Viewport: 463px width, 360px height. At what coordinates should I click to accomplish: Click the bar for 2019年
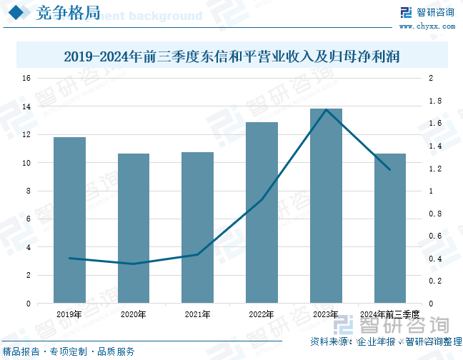[69, 220]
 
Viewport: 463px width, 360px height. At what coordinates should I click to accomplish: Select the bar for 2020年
[134, 229]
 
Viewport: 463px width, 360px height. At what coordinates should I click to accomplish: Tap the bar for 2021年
[197, 228]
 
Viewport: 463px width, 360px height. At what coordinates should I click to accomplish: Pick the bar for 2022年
[262, 213]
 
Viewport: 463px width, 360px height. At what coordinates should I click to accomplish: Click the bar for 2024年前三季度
[389, 229]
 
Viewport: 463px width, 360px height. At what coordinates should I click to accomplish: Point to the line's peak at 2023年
[326, 109]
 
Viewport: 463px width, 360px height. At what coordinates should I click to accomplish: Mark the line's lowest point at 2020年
[134, 264]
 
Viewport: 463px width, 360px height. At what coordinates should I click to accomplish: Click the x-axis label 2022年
[262, 314]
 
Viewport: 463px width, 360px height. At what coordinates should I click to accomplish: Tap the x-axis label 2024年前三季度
[389, 314]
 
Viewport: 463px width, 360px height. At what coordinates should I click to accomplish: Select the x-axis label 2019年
[69, 314]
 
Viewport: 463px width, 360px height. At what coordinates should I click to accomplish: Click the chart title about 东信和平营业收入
[231, 55]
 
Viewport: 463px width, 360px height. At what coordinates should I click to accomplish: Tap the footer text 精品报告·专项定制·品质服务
[68, 351]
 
